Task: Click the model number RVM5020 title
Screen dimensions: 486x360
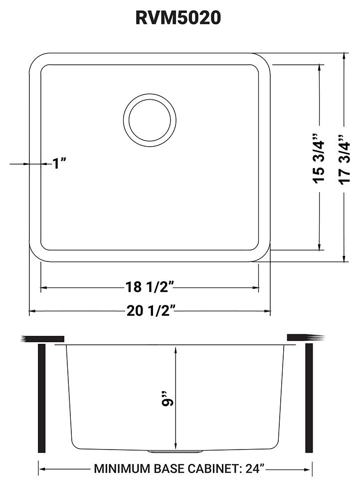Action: click(x=178, y=17)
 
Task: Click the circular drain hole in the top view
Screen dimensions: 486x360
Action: click(x=150, y=121)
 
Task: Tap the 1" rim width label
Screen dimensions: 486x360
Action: click(x=59, y=163)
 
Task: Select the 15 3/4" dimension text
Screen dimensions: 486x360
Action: click(x=319, y=158)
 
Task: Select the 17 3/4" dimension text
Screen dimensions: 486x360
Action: click(x=345, y=158)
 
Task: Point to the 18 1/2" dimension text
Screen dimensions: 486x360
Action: click(x=149, y=288)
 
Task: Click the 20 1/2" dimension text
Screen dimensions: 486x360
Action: click(x=149, y=312)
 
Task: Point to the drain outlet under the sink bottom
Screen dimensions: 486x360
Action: click(x=175, y=451)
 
